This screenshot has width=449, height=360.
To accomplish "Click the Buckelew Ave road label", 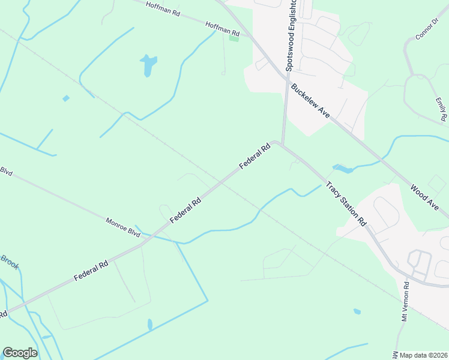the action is tap(310, 101).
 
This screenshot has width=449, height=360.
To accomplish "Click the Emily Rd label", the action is tap(442, 109).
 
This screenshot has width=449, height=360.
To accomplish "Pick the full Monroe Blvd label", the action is tap(123, 227).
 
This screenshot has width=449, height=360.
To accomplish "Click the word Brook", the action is tap(10, 261).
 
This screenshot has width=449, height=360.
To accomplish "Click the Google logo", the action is tap(20, 353).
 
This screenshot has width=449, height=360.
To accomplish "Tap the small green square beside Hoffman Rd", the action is tap(234, 38).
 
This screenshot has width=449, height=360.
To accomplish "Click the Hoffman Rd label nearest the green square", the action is tap(222, 28).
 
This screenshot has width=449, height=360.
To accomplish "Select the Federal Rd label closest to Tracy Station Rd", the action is tap(255, 157).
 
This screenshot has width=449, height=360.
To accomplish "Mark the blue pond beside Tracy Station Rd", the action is tap(342, 169).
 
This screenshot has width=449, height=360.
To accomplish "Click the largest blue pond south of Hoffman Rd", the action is tap(148, 65).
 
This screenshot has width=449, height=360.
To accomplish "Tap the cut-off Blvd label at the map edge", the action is tap(6, 170).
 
